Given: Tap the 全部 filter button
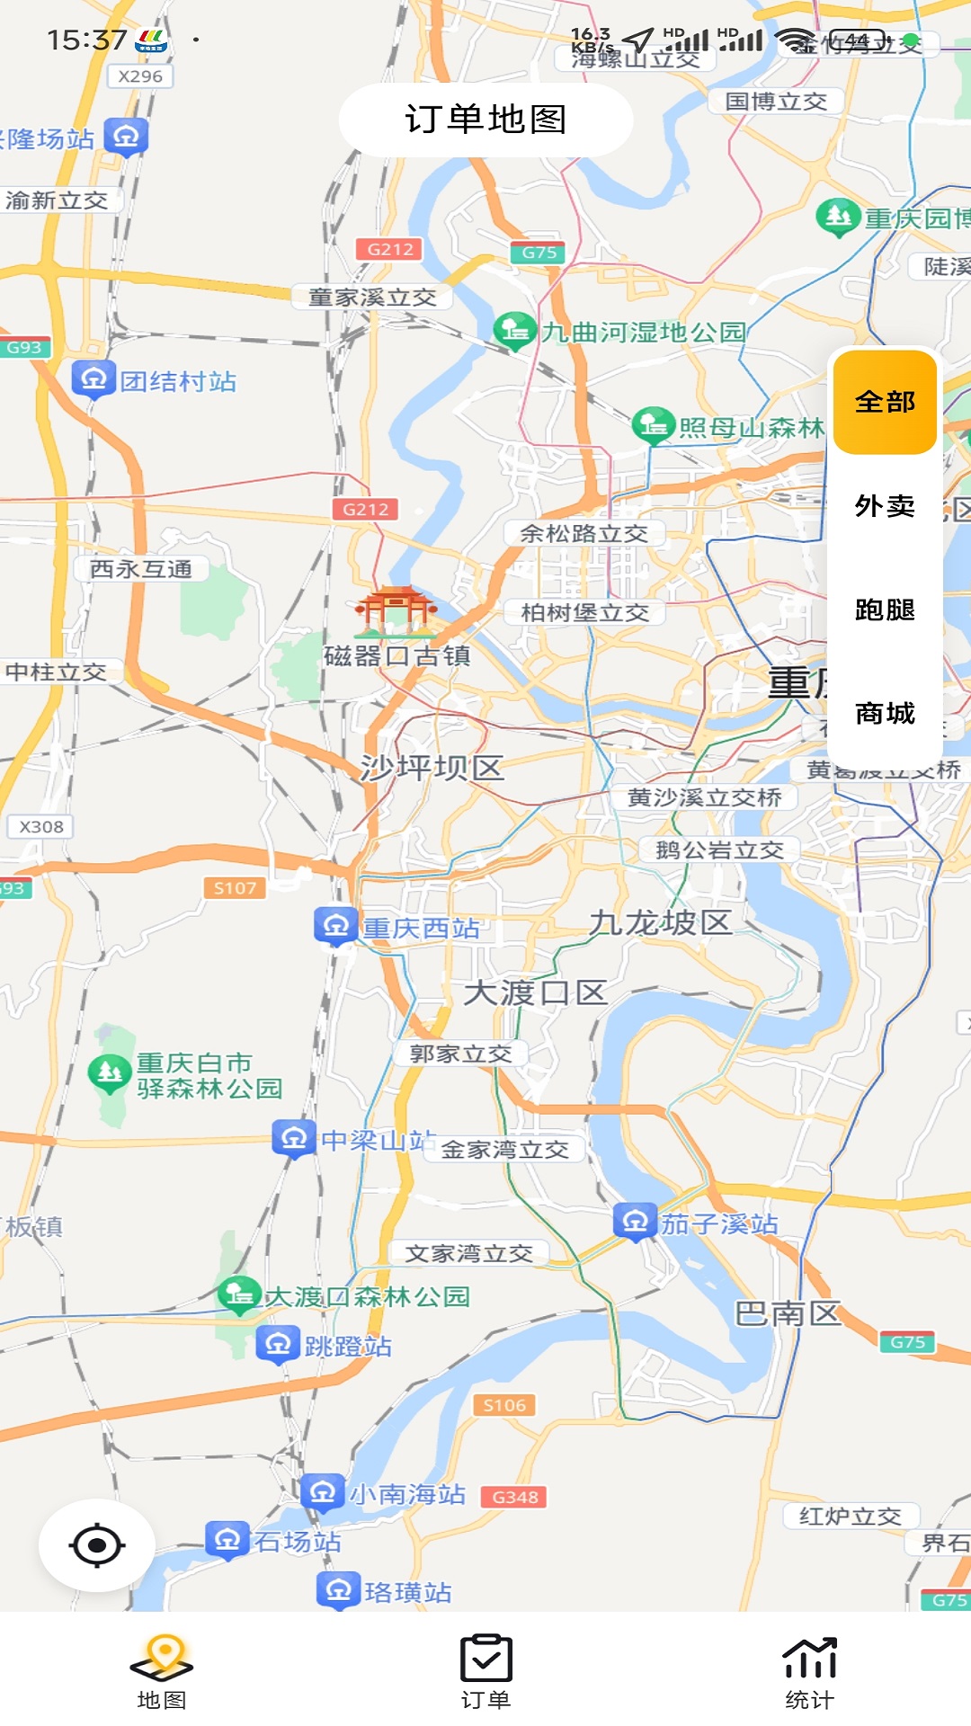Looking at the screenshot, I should point(885,402).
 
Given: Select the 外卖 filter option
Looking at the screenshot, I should point(885,506).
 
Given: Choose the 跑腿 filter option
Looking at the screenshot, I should point(885,609).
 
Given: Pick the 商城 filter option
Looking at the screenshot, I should point(885,713).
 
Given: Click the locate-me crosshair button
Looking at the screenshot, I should point(97,1545).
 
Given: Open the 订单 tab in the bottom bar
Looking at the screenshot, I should point(485,1671).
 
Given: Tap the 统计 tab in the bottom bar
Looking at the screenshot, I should point(809,1671).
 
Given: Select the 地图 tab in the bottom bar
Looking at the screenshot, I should point(162,1671).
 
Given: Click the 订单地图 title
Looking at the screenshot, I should point(485,120).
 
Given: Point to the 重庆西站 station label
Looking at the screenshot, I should point(421,929).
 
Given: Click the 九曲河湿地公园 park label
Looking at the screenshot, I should point(644,333).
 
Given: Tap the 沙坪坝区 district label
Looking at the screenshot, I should point(432,768).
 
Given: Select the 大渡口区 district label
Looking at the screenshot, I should point(536,993).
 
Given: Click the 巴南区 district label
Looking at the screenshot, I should point(788,1314).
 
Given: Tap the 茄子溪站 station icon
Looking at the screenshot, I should point(635,1222).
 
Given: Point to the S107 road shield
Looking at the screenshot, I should point(235,888).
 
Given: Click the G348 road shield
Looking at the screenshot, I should point(515,1497).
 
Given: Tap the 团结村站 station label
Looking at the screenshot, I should point(178,382).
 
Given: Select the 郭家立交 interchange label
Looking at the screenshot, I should point(460,1054).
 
